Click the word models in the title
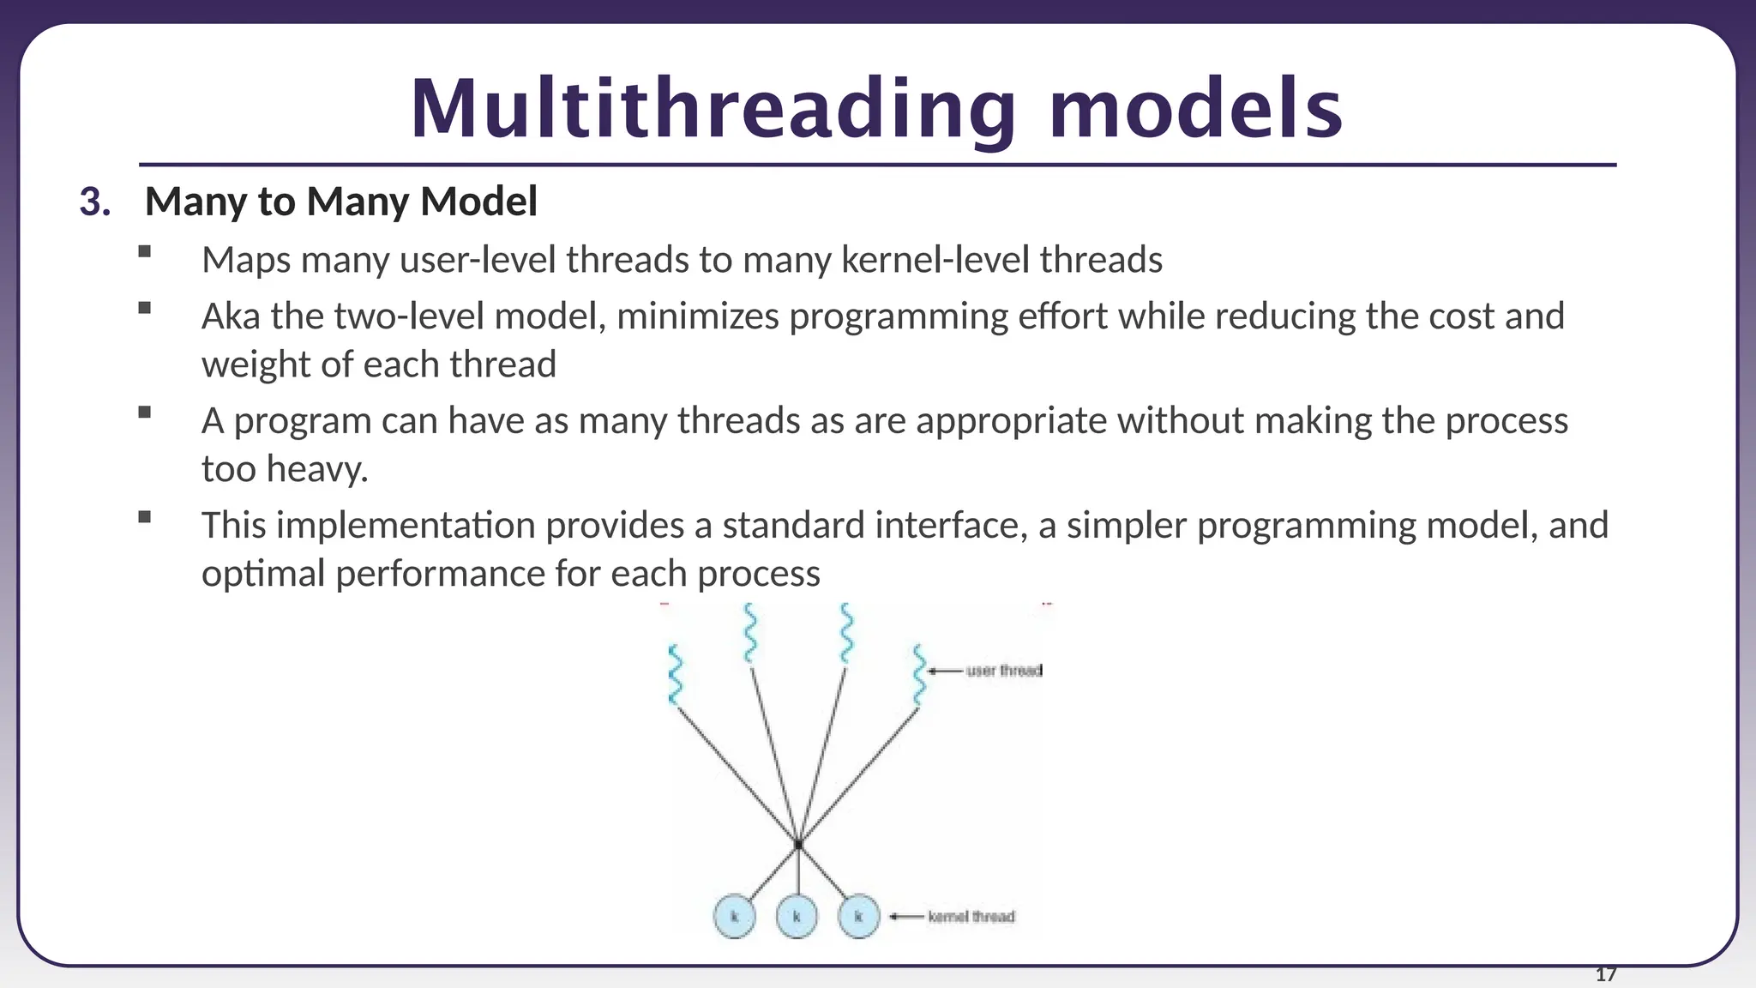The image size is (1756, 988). [x=1195, y=109]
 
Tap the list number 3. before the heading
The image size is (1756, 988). [x=95, y=202]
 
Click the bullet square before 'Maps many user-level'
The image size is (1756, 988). [x=144, y=251]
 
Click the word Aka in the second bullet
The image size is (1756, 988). [x=230, y=316]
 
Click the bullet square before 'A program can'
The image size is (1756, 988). [x=144, y=413]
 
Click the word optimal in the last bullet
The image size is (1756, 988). [x=263, y=574]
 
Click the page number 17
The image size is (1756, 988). [x=1605, y=974]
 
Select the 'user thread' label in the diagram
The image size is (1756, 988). [x=1003, y=671]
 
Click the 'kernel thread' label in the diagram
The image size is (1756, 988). [x=971, y=917]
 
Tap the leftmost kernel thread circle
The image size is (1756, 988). [x=735, y=916]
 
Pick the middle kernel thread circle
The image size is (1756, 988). [x=797, y=916]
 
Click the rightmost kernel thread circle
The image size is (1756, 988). [x=858, y=916]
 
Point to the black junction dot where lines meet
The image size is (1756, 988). [x=798, y=845]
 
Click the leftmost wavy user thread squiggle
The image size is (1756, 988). [x=675, y=675]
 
